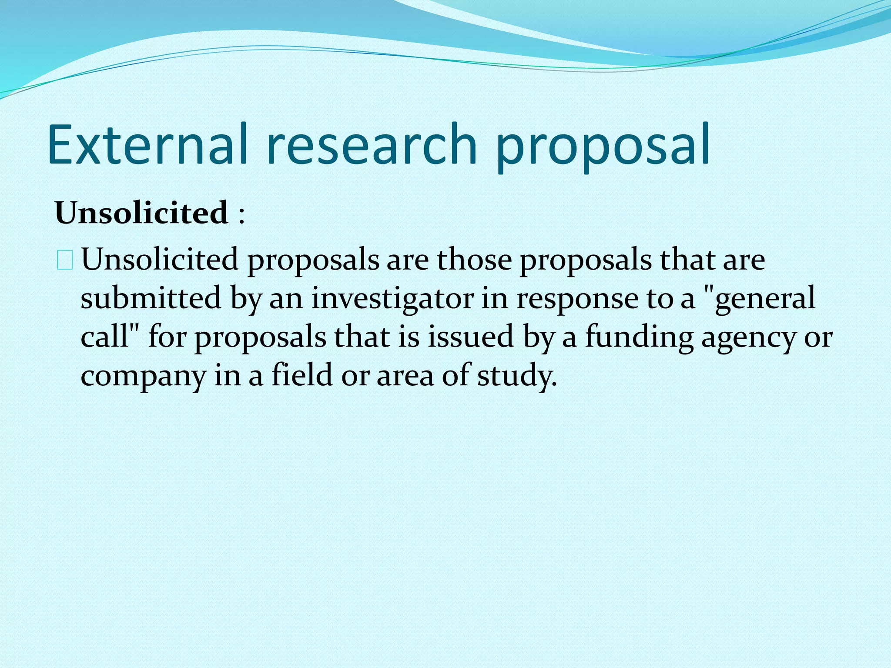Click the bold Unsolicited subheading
click(x=141, y=213)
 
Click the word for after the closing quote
click(x=167, y=337)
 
